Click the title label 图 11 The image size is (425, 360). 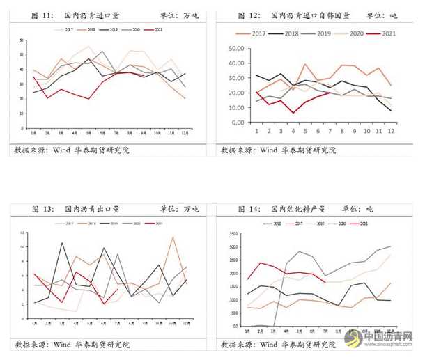coord(33,15)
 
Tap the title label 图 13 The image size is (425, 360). coord(33,208)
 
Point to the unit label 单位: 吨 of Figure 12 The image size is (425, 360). coord(392,15)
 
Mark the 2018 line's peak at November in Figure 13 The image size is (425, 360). coord(173,237)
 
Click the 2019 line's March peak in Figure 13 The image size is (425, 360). coord(62,243)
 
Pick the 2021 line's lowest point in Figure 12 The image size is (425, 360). coord(293,112)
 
